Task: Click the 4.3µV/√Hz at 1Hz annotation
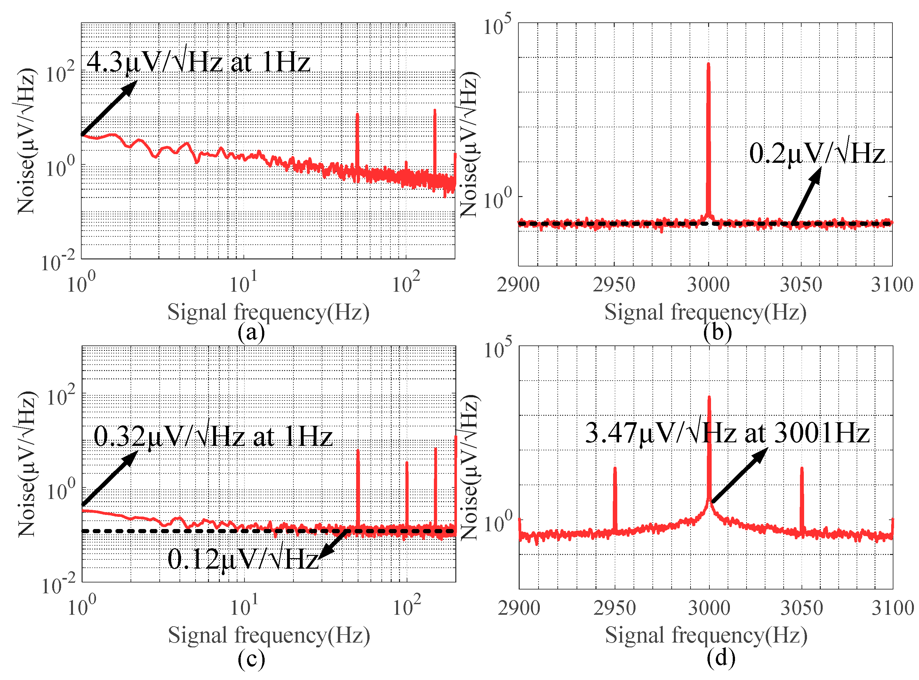pos(198,63)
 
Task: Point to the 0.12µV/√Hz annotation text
pos(243,559)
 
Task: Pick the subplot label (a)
pos(251,332)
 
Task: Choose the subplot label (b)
pos(717,332)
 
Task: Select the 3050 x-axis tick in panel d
pos(801,608)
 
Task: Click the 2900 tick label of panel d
pos(518,608)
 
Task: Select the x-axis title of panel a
pos(268,312)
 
